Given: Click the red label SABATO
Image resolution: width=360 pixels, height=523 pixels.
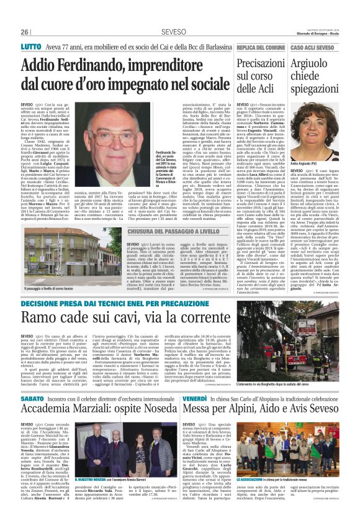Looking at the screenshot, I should coord(32,396).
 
